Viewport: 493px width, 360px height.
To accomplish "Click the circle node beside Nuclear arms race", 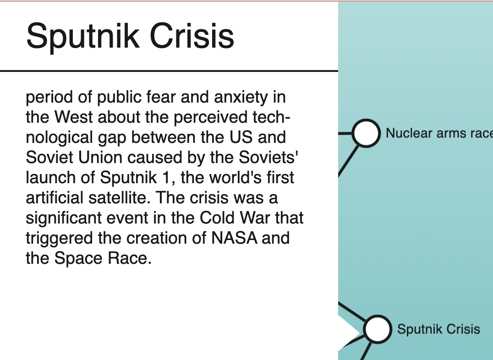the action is tap(366, 133).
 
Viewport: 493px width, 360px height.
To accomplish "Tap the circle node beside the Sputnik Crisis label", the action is tap(377, 329).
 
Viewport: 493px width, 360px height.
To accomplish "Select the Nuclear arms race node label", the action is tap(439, 133).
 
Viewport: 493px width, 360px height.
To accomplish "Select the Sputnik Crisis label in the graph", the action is tap(438, 329).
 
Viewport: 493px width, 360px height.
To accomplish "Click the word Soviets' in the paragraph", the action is tap(268, 157).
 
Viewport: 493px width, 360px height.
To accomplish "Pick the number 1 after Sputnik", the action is tap(166, 177).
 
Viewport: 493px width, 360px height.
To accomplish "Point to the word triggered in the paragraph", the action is tap(59, 238).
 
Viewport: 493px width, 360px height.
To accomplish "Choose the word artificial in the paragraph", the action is tap(55, 197).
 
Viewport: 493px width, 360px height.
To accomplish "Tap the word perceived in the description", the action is tap(211, 118).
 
